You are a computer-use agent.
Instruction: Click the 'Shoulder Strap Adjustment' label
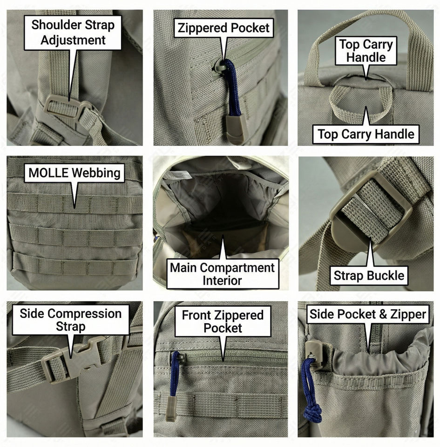click(x=73, y=32)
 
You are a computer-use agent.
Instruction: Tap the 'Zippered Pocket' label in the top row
click(x=223, y=27)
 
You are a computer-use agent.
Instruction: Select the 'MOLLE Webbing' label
click(x=74, y=173)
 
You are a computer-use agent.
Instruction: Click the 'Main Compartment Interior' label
click(x=222, y=274)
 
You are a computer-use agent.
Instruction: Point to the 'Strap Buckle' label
click(x=369, y=275)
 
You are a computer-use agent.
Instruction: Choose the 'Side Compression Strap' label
click(x=70, y=320)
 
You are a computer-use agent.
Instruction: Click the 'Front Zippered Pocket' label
click(x=223, y=321)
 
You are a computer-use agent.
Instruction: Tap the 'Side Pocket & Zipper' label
click(x=368, y=314)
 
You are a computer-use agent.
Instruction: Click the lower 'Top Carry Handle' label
click(x=366, y=135)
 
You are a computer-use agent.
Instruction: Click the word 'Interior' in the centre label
click(x=222, y=281)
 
